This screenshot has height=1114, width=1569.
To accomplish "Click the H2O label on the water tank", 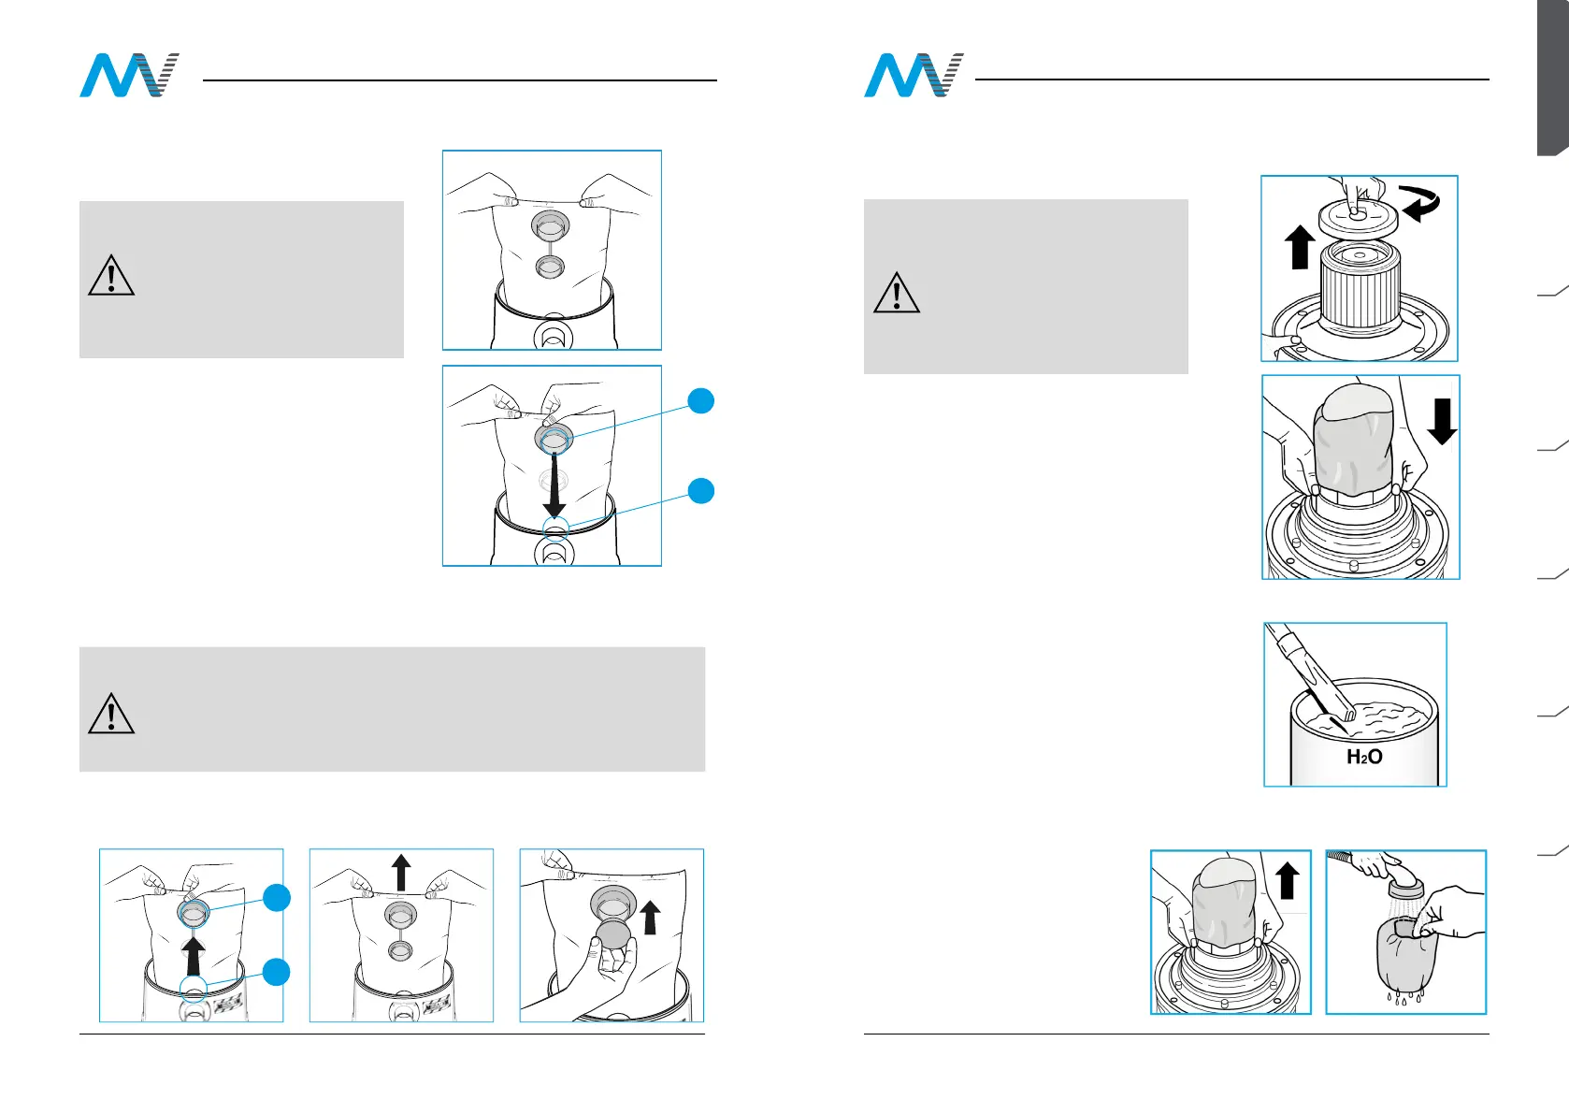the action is pos(1364,757).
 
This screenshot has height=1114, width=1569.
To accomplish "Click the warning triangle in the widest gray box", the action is pos(111,713).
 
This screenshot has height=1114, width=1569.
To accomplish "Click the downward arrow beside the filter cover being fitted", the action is pos(1442,421).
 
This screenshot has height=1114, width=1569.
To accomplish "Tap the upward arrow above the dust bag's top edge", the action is pos(401,872).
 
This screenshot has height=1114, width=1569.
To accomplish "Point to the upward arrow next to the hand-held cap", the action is pos(651,917).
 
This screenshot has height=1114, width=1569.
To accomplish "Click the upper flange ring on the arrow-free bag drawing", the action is pos(550,224).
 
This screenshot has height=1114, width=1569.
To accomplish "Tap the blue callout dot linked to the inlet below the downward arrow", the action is pos(701,490).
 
